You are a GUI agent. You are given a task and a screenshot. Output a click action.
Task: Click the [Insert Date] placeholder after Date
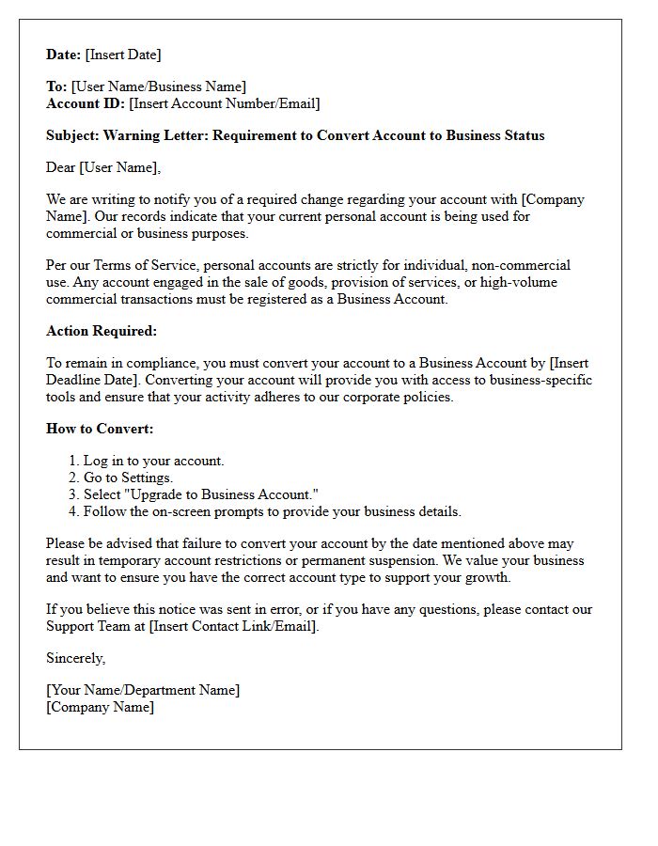point(123,55)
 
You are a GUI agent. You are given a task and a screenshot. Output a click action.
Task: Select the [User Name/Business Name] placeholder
point(159,87)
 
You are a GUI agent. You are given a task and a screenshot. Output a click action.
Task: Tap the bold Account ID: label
point(86,103)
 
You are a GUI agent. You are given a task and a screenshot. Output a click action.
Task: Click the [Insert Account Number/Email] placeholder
point(224,103)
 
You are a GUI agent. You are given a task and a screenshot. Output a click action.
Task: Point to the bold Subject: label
point(72,135)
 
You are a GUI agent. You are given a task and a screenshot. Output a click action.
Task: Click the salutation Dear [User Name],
point(103,167)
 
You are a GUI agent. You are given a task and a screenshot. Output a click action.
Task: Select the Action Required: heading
point(102,331)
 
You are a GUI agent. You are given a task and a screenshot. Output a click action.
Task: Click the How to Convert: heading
point(100,429)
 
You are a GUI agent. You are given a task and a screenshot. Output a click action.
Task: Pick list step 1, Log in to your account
point(153,461)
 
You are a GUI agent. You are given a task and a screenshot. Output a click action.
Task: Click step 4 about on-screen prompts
point(272,511)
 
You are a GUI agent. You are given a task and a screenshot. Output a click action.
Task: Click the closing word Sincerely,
point(76,658)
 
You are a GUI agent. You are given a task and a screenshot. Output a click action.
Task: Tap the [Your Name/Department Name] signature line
point(143,690)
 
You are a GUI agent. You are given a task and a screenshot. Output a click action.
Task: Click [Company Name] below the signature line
point(100,707)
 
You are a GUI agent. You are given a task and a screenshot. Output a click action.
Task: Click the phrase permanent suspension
point(346,560)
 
